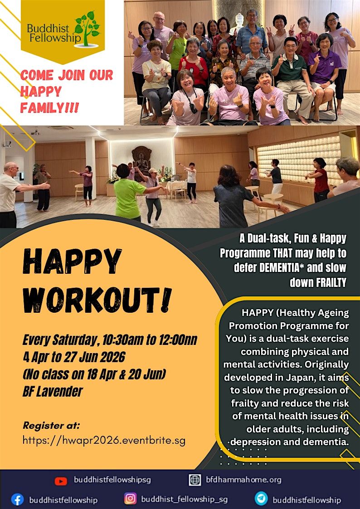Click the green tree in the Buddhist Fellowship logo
click(87, 28)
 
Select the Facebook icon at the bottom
click(17, 499)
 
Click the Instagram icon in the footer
click(130, 499)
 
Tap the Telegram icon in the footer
click(261, 499)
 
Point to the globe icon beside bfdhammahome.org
click(195, 480)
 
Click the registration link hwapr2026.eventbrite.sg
click(104, 441)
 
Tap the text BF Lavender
click(53, 391)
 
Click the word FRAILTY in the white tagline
click(331, 282)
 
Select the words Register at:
click(51, 426)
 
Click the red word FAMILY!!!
click(50, 107)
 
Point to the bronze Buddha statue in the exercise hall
click(142, 160)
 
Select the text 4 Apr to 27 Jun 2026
click(74, 358)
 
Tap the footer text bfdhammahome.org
click(244, 480)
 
